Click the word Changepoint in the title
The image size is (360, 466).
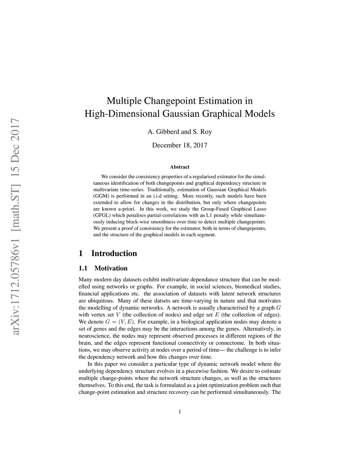[168, 101]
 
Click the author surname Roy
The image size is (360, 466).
[206, 132]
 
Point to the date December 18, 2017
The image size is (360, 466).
[180, 145]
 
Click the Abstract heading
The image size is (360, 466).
[180, 167]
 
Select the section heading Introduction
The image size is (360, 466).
[114, 254]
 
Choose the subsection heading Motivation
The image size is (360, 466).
[111, 268]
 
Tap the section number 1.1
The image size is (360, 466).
[83, 268]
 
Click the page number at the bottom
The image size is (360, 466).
[180, 412]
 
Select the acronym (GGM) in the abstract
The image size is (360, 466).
[101, 196]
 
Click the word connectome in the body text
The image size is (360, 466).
[232, 343]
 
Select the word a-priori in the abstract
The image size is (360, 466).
[126, 209]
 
